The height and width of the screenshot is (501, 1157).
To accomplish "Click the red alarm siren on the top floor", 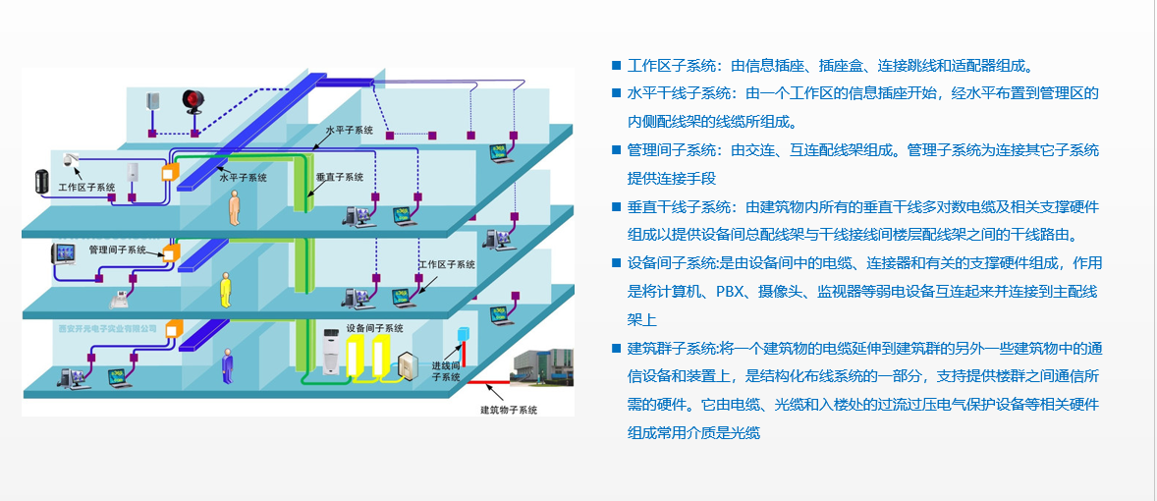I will pos(192,101).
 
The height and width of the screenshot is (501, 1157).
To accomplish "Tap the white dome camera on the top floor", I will pos(70,159).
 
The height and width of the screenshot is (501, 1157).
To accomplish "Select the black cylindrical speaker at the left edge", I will pos(40,182).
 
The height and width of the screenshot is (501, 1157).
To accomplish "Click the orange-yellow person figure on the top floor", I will pos(234,208).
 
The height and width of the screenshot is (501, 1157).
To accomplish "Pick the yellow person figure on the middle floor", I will pos(226,288).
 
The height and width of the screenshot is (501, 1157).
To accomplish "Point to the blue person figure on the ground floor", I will pos(228,365).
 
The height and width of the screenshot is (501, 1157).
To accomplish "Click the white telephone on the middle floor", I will pos(116,299).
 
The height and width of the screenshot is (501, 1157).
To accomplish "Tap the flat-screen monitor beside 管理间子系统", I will pos(65,253).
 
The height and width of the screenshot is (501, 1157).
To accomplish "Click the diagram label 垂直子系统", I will pos(340,178).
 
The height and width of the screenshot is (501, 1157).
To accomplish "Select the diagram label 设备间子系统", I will pos(374,328).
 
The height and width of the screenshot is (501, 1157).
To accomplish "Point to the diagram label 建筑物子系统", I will pos(508,409).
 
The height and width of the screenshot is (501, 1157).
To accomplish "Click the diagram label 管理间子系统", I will pos(118,250).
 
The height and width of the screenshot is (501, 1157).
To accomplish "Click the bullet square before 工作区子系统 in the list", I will pos(616,66).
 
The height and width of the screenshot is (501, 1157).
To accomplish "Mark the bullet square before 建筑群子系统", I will pos(616,348).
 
